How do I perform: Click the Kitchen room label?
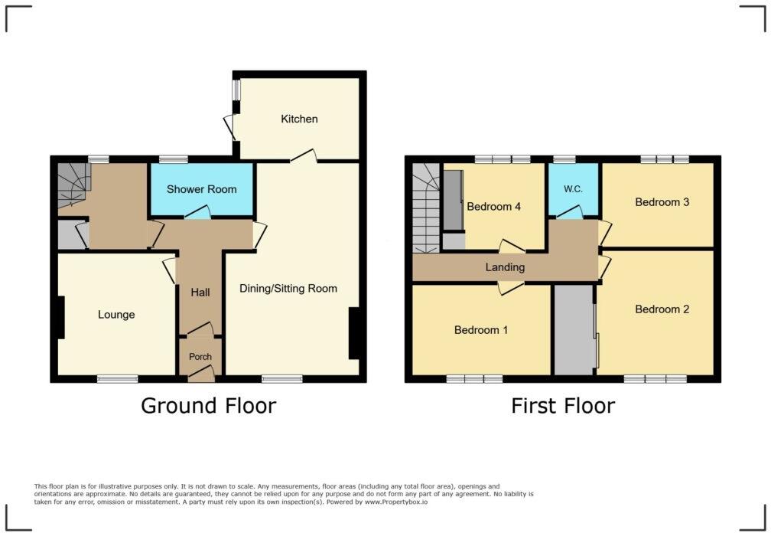(x=299, y=119)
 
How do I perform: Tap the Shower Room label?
(x=202, y=189)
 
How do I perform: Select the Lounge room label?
(x=116, y=314)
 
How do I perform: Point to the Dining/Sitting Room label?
(x=288, y=289)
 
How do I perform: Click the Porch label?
(x=200, y=357)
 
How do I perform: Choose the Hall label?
(x=200, y=292)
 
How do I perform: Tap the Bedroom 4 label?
(x=494, y=206)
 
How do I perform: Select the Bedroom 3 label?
(x=662, y=202)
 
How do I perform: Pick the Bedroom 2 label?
(x=662, y=309)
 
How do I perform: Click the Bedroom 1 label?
(x=481, y=330)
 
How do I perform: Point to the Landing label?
(x=505, y=267)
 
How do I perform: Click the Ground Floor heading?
(x=208, y=405)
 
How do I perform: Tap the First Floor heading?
(x=563, y=405)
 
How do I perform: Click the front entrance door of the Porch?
(x=201, y=374)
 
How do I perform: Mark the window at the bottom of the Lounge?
(x=117, y=378)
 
